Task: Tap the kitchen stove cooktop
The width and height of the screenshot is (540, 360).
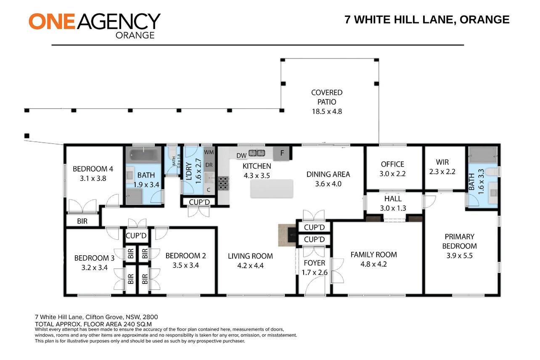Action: point(223,183)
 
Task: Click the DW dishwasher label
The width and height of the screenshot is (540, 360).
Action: point(241,156)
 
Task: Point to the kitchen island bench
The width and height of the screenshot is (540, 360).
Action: point(272,188)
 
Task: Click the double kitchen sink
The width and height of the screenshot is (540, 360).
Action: point(257,153)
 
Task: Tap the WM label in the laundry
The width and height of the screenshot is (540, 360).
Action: point(209,152)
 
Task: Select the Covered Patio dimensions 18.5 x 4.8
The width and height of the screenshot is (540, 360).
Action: point(327,111)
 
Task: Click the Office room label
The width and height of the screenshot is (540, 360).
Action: point(392,164)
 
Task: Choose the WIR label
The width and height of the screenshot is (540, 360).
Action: point(442,162)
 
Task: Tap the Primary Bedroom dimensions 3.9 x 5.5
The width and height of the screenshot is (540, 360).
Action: point(460,255)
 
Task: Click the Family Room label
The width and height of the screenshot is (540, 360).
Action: point(373,254)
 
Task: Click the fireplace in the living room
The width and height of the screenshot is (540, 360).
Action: point(287,236)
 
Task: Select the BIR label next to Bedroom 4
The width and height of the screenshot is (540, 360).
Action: point(82,221)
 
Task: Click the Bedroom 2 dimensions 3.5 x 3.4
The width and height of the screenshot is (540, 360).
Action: point(185,265)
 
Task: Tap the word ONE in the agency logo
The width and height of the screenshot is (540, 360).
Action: point(52,21)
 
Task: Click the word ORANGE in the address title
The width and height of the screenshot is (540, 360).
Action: point(484,19)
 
